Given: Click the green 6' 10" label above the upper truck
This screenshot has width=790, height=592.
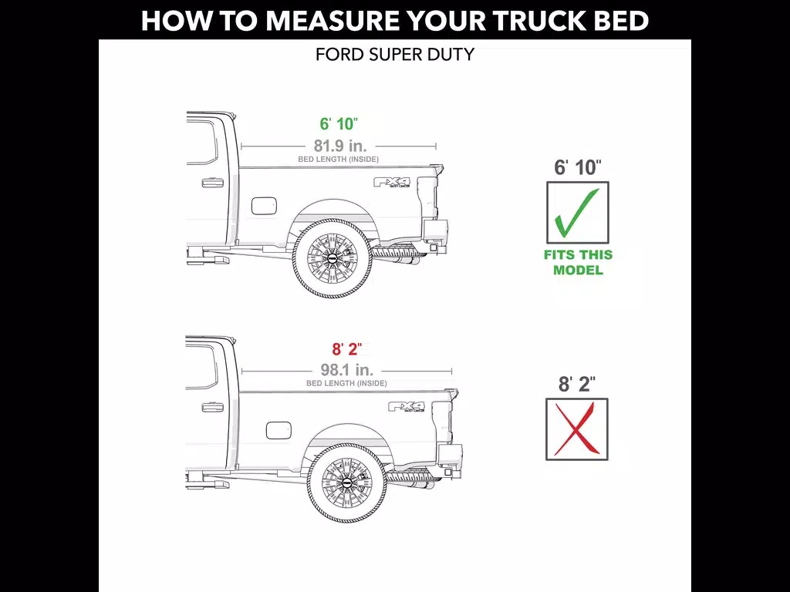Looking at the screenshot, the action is coord(339,124).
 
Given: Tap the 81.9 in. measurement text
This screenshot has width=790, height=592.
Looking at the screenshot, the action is coord(340,146).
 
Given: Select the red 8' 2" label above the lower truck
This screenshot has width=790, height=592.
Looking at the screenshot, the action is coord(346,349).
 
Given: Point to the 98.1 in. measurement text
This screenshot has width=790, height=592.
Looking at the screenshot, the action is coord(347,370).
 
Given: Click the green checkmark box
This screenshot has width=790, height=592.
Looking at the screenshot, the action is coord(578,213).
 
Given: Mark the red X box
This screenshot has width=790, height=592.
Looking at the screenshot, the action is coord(577,429).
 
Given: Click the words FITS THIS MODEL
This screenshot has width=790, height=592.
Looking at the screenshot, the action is coord(578,262).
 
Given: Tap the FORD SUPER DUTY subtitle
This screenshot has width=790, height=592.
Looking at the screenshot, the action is coord(395,55).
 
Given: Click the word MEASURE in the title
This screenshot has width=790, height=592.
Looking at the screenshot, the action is coord(333,21).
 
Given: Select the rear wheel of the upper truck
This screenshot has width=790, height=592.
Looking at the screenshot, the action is coord(333,258).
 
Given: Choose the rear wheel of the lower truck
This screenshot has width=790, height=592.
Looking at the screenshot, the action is coord(347,483).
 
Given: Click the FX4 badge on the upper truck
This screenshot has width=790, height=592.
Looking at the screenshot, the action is coord(392,182).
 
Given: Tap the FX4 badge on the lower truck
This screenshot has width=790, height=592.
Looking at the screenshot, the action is coord(407,407).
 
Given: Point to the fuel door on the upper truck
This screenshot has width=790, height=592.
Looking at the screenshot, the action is coord(264,205).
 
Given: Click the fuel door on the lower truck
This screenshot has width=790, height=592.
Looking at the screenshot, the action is coord(279,430).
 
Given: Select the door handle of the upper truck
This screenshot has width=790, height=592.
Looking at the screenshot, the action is coord(213,182).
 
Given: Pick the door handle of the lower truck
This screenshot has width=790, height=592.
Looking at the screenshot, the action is coord(213,407).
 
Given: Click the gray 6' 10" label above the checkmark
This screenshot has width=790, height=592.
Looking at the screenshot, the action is coord(578,167).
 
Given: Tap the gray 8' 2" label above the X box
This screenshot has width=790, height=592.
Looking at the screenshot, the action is coord(577,384).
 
